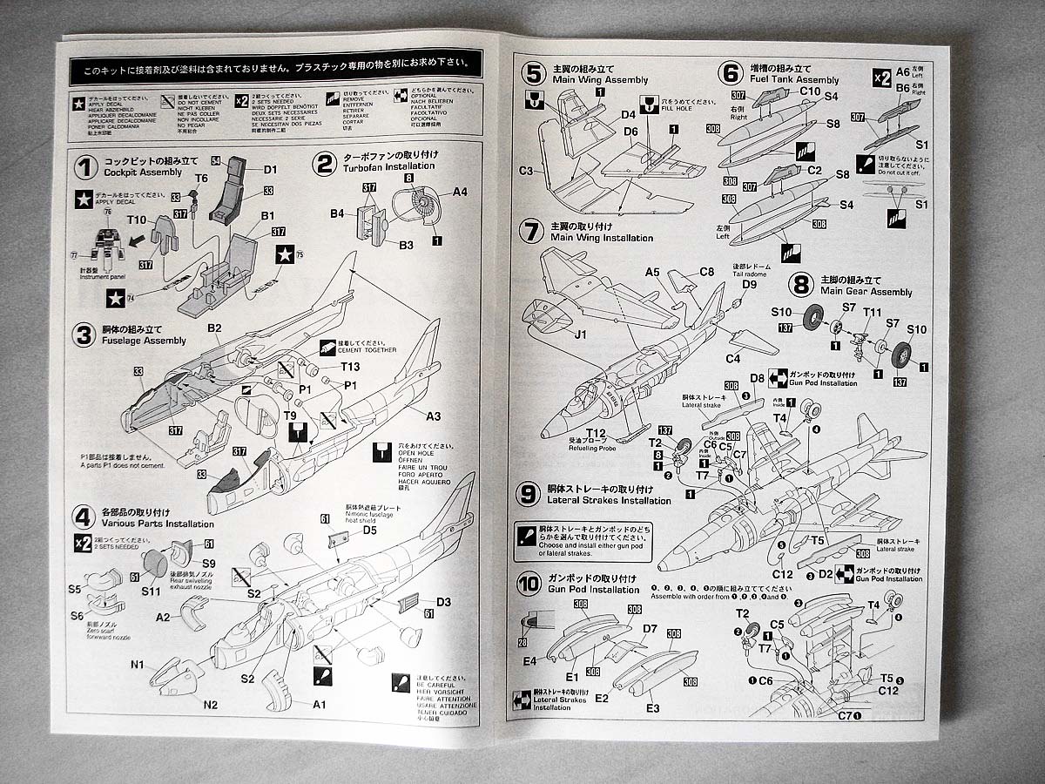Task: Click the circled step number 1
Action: pos(84,167)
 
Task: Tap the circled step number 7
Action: pos(529,232)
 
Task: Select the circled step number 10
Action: pos(529,584)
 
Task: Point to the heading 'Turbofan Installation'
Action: pos(386,166)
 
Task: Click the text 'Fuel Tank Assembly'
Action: pos(792,79)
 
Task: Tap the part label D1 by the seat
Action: pos(270,169)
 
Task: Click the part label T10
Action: pos(137,220)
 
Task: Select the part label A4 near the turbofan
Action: pos(460,192)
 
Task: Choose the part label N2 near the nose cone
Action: pos(211,704)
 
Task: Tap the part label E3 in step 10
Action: pos(653,708)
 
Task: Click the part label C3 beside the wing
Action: pos(526,171)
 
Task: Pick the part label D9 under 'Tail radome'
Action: pos(749,285)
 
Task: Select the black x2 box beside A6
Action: pos(881,78)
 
